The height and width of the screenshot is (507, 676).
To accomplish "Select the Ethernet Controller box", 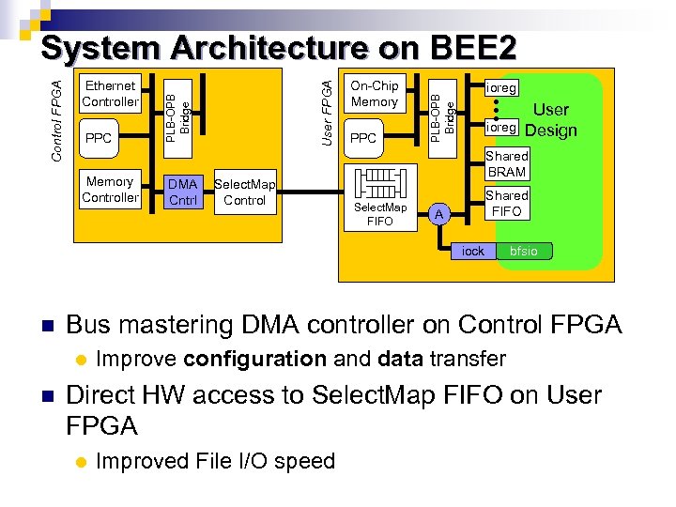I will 110,93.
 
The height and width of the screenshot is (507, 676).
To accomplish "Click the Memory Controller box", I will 110,189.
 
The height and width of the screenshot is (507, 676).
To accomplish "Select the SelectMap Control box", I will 244,192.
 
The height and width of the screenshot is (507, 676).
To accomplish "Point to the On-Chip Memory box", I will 374,93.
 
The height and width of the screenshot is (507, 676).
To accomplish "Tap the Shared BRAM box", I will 506,163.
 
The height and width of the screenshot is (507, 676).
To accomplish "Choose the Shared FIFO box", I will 506,203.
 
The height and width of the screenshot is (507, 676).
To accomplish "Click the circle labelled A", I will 438,215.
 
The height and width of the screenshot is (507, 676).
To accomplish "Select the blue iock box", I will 473,251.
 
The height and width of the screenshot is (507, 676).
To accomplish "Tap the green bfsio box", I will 523,251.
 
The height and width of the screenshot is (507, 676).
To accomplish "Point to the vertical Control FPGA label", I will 56,119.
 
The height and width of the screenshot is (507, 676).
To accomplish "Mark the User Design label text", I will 551,120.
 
